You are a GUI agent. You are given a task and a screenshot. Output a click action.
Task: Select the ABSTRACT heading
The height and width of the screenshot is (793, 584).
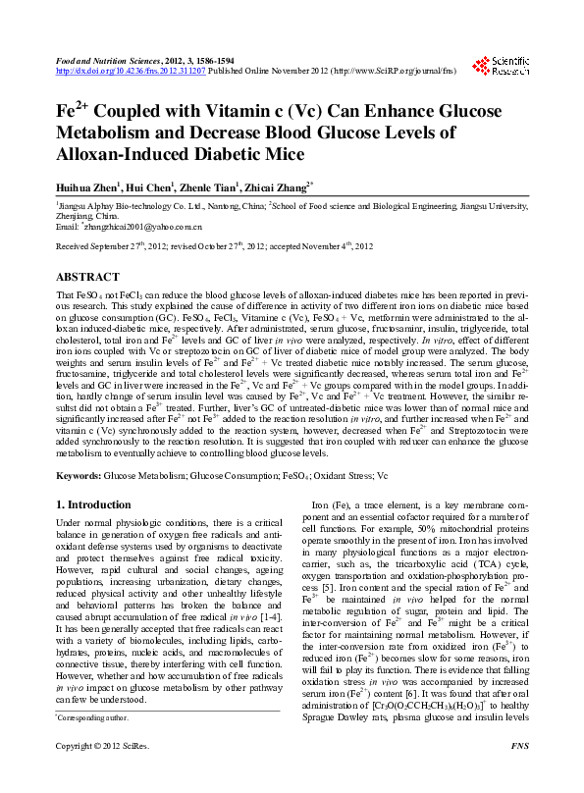(x=87, y=278)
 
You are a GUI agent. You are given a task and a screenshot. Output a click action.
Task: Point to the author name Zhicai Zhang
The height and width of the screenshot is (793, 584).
(x=279, y=185)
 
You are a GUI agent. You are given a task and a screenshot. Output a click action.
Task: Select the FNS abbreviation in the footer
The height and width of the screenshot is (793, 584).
(x=520, y=775)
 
